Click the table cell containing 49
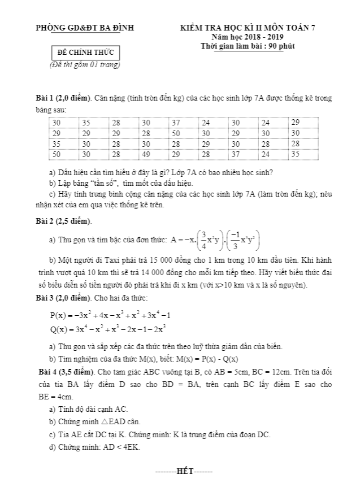[146, 154]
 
